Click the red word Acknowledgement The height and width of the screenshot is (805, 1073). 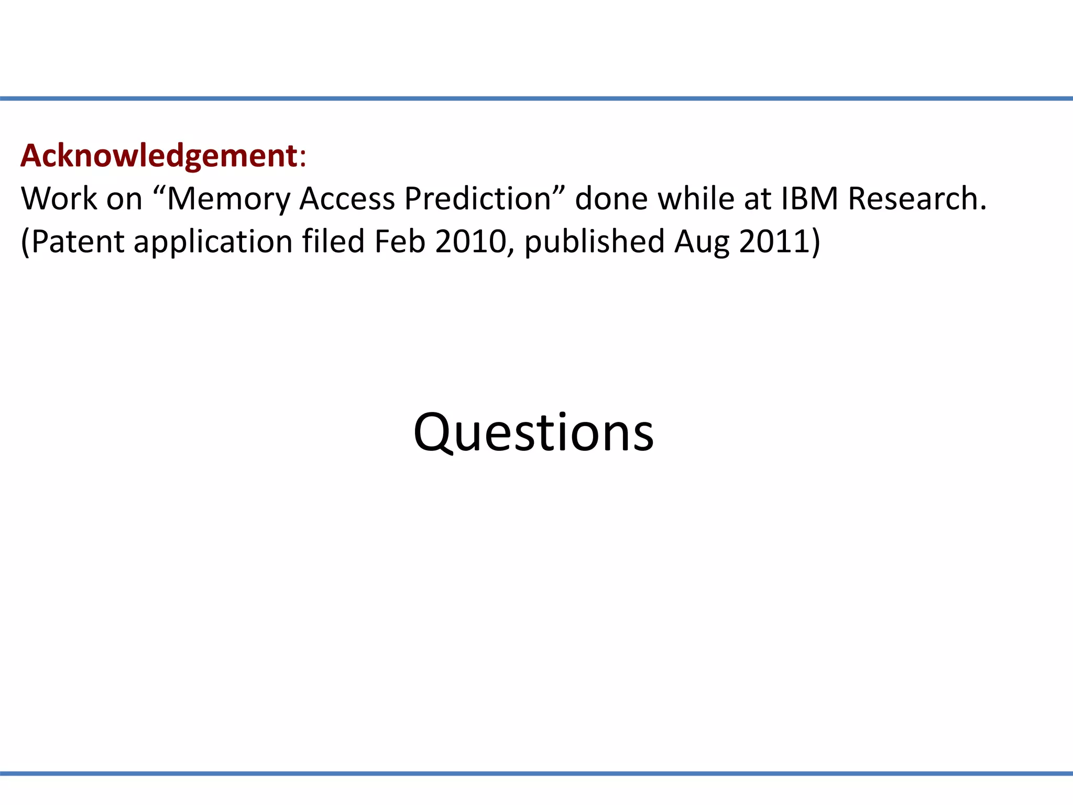159,156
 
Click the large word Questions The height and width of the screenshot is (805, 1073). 533,433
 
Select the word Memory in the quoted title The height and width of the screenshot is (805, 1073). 228,199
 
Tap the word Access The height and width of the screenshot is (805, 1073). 347,199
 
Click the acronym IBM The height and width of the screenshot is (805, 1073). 809,199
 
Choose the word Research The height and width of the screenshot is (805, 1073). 917,199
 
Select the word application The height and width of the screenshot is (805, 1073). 213,243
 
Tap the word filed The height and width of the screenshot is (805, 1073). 333,242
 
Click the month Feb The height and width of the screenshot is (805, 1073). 399,242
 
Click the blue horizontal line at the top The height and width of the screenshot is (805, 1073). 536,99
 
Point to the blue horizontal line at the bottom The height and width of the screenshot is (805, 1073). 536,774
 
